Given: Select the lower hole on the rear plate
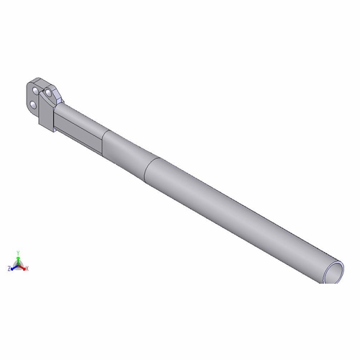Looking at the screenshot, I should [x=33, y=106].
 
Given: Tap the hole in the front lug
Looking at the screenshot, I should [x=48, y=94].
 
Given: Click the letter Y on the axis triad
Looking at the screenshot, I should [x=19, y=253].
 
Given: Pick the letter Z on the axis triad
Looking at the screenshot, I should [x=9, y=268].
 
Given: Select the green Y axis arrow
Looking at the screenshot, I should [x=19, y=259].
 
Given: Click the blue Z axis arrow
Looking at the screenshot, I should [x=14, y=266].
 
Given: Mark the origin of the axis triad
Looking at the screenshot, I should [x=19, y=264].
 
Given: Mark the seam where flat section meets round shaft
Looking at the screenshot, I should [x=102, y=141].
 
